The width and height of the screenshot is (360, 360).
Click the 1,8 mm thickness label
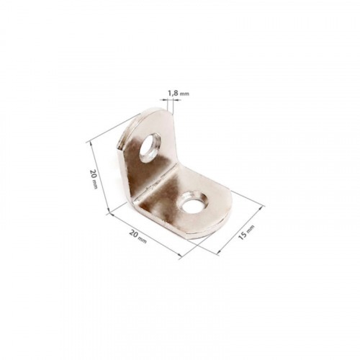(x=178, y=94)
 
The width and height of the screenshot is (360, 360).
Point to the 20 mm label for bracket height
(x=94, y=179)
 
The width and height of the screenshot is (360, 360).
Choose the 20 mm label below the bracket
(x=138, y=236)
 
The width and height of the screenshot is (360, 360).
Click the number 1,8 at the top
(x=173, y=94)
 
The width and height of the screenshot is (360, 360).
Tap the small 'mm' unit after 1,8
(x=185, y=94)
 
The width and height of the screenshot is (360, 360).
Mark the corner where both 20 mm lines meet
(x=108, y=212)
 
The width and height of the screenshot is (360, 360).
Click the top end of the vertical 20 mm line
(x=89, y=141)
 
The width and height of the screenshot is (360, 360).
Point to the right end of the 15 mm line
(x=263, y=207)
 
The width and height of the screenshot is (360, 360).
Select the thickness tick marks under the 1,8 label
(x=170, y=103)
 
